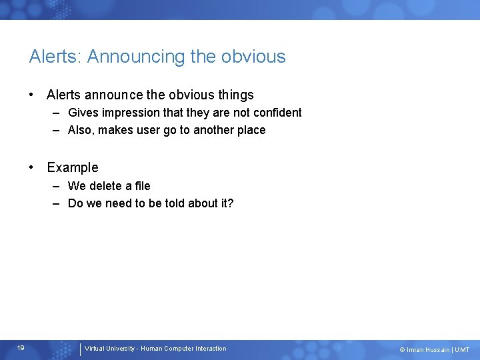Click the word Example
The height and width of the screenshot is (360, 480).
[73, 167]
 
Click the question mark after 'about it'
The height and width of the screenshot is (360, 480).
[231, 203]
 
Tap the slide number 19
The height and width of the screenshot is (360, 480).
[21, 348]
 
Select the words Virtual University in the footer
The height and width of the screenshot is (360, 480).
[109, 349]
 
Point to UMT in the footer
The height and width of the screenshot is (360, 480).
[462, 350]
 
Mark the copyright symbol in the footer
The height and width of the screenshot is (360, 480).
[402, 350]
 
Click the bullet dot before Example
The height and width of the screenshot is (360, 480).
[32, 167]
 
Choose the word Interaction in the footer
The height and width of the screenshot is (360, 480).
[211, 349]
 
